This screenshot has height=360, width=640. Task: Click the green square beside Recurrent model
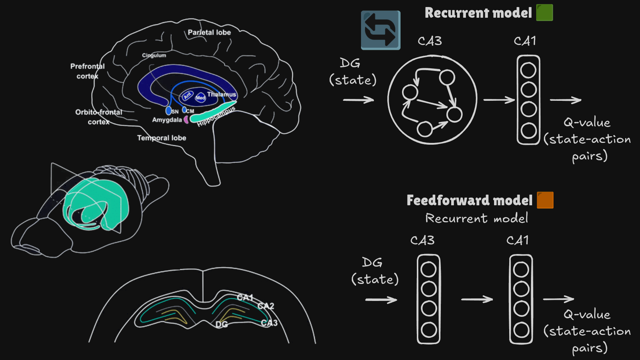[x=544, y=13]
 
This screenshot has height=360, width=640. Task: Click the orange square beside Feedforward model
[x=545, y=200]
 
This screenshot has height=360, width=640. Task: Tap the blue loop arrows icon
[x=380, y=30]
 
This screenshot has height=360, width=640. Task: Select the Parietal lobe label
[x=209, y=32]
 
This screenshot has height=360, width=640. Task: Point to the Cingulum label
[x=154, y=55]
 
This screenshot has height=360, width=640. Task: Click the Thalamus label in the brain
[x=221, y=95]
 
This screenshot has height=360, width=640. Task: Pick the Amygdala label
[x=167, y=120]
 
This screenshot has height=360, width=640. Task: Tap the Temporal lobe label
[x=161, y=138]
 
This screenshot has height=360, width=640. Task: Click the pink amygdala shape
[x=186, y=119]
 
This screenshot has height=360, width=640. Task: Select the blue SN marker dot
[x=168, y=110]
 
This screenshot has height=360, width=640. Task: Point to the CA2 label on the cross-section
[x=266, y=306]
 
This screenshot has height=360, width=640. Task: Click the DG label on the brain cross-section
[x=221, y=324]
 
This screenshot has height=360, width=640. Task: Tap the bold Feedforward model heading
[x=469, y=200]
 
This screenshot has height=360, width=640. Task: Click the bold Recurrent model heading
[x=478, y=13]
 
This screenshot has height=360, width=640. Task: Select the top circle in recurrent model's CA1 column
[x=528, y=70]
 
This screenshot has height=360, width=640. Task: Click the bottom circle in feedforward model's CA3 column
[x=429, y=330]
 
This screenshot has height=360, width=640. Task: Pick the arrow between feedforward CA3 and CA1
[x=477, y=299]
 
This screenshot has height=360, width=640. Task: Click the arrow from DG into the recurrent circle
[x=358, y=100]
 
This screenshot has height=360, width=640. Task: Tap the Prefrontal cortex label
[x=88, y=71]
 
